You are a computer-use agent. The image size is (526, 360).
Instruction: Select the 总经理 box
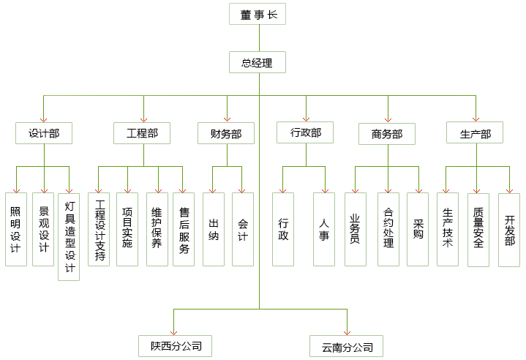[x=257, y=63]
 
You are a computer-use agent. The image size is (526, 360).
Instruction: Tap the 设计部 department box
[x=44, y=133]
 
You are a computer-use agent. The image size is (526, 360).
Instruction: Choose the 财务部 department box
[x=226, y=133]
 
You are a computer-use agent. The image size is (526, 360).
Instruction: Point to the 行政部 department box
[x=306, y=132]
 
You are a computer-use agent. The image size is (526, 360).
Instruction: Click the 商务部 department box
[x=386, y=134]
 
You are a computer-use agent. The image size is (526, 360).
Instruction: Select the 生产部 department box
[x=475, y=134]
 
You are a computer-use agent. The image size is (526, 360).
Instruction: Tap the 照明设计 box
[x=15, y=229]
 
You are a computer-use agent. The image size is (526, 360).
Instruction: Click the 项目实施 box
[x=127, y=228]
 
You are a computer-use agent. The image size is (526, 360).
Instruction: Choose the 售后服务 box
[x=184, y=229]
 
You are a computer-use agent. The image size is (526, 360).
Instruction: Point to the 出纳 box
[x=213, y=229]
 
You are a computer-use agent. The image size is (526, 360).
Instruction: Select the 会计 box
[x=242, y=229]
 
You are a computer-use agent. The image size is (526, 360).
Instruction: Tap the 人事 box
[x=323, y=229]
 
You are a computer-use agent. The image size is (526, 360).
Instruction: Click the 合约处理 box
[x=388, y=228]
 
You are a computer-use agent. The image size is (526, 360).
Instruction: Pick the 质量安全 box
[x=478, y=229]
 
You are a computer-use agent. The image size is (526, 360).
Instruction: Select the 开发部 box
[x=509, y=229]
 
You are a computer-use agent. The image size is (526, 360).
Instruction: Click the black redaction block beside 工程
[x=153, y=133]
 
